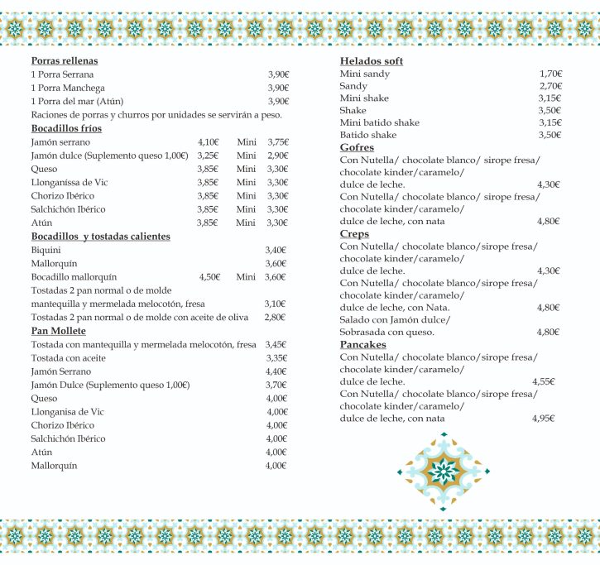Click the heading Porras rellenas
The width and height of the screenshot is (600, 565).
tap(64, 61)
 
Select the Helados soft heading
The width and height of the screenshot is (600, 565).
tap(372, 62)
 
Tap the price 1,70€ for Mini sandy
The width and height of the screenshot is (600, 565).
tap(550, 74)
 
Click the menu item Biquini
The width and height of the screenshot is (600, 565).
tap(46, 250)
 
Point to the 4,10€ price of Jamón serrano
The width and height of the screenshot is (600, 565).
tap(209, 142)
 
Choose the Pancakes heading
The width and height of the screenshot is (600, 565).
tap(362, 344)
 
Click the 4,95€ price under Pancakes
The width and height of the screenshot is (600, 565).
tap(543, 419)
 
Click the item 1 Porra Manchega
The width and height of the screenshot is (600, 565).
tap(68, 88)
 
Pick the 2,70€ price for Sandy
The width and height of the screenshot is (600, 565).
tap(550, 86)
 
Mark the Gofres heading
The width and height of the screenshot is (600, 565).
tap(357, 147)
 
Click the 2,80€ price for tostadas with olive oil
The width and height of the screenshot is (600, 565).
tap(275, 317)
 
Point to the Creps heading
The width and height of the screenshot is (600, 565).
tap(354, 234)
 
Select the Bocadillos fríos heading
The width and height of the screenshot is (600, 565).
tap(66, 129)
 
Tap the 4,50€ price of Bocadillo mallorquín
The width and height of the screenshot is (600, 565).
tap(209, 276)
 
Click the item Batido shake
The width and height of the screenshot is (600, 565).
tap(368, 135)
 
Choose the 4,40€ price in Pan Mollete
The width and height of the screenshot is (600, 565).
tap(276, 371)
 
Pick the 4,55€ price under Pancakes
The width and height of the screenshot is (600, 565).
tap(543, 382)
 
